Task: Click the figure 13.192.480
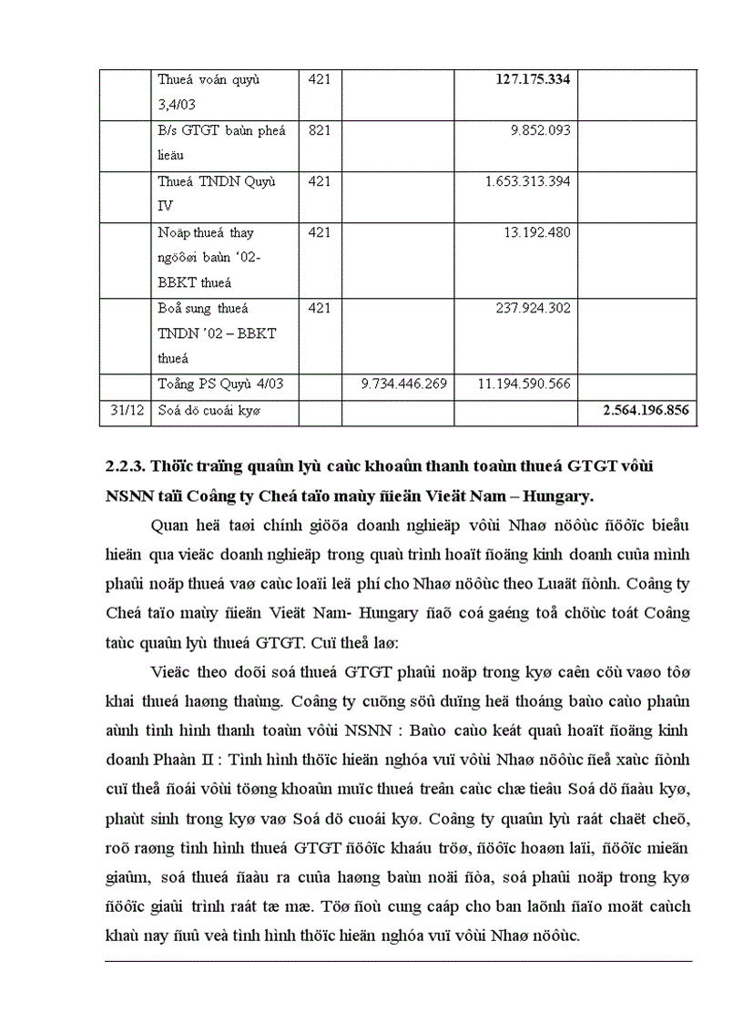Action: point(536,232)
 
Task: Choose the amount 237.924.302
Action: point(533,308)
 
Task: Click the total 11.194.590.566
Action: point(524,384)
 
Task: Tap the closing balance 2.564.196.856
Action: point(645,410)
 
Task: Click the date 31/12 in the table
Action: point(124,410)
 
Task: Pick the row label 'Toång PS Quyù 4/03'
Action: point(219,384)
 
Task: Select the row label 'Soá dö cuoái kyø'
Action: point(209,410)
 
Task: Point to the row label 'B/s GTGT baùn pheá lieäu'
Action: point(221,142)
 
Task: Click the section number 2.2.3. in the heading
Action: point(125,466)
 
